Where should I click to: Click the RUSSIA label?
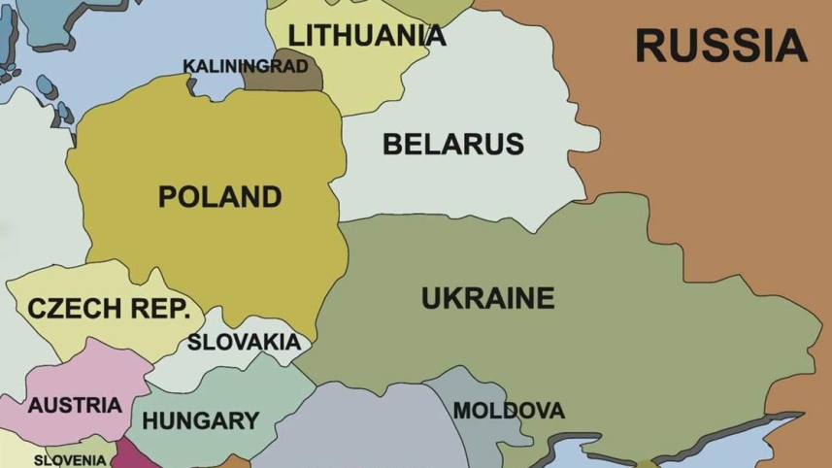coord(720,46)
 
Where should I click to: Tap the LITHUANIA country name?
coord(367,35)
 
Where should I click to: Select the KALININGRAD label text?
coord(246,66)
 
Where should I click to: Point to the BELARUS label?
coord(452,144)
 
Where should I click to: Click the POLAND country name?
coord(219,196)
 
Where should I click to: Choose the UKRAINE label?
coord(487,297)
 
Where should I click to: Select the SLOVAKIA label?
coord(244,342)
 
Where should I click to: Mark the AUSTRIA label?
coord(74,405)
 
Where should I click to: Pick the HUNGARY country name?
coord(200,420)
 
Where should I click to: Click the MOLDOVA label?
coord(508,410)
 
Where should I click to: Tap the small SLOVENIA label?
coord(70,459)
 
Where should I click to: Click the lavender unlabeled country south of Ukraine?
coord(369,427)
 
